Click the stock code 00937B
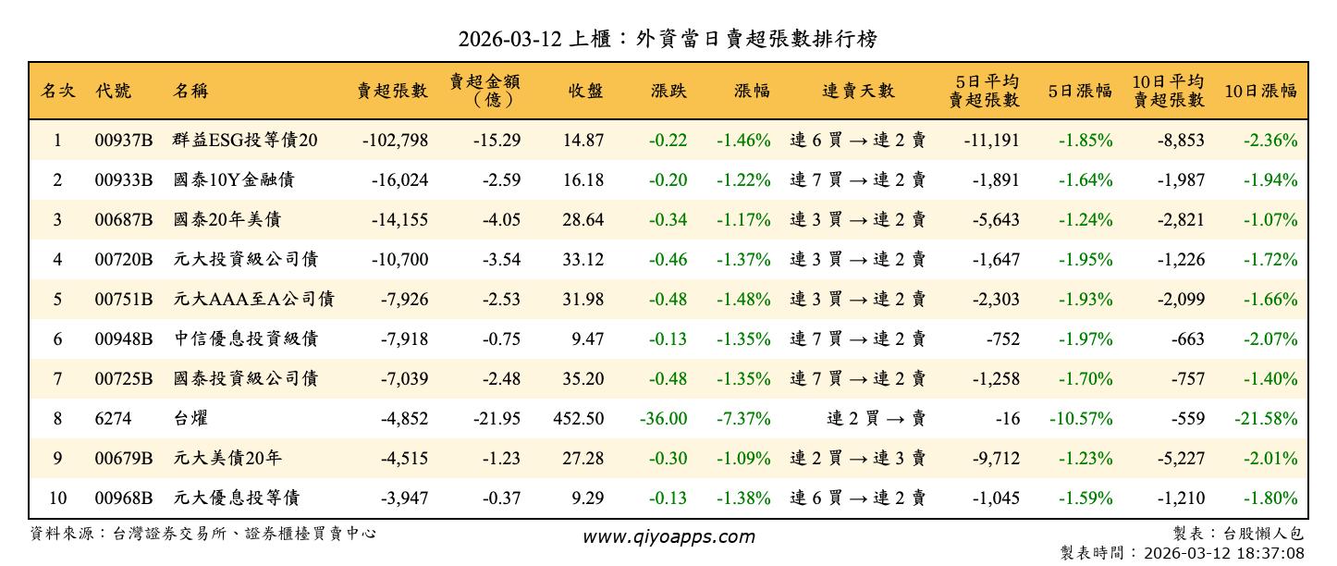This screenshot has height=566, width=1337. pyautogui.click(x=123, y=141)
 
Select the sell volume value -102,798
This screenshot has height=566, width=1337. pyautogui.click(x=395, y=141)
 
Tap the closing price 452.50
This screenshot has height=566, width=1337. pyautogui.click(x=579, y=419)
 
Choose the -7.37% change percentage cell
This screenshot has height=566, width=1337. pyautogui.click(x=742, y=419)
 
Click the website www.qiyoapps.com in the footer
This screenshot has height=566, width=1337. pyautogui.click(x=668, y=536)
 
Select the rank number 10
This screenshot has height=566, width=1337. pyautogui.click(x=57, y=498)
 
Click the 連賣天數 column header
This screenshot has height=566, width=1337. pyautogui.click(x=858, y=91)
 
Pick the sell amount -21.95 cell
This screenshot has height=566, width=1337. pyautogui.click(x=498, y=419)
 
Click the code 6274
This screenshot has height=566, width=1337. pyautogui.click(x=113, y=419)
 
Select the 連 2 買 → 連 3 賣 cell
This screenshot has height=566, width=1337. pyautogui.click(x=857, y=459)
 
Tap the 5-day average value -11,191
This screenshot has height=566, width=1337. pyautogui.click(x=991, y=141)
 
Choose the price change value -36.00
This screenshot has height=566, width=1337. pyautogui.click(x=663, y=419)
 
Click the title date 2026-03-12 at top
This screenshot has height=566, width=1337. pyautogui.click(x=510, y=39)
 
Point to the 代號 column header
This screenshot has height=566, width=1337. pyautogui.click(x=113, y=91)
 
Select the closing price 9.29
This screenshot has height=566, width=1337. pyautogui.click(x=587, y=498)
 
